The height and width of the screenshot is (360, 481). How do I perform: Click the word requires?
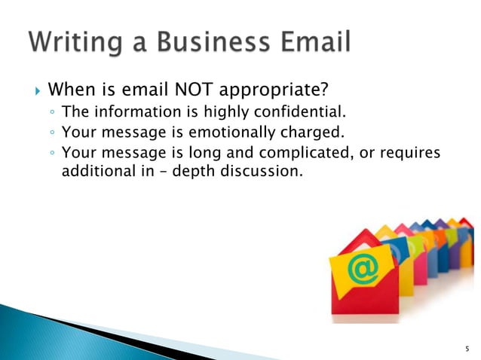(409, 154)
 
